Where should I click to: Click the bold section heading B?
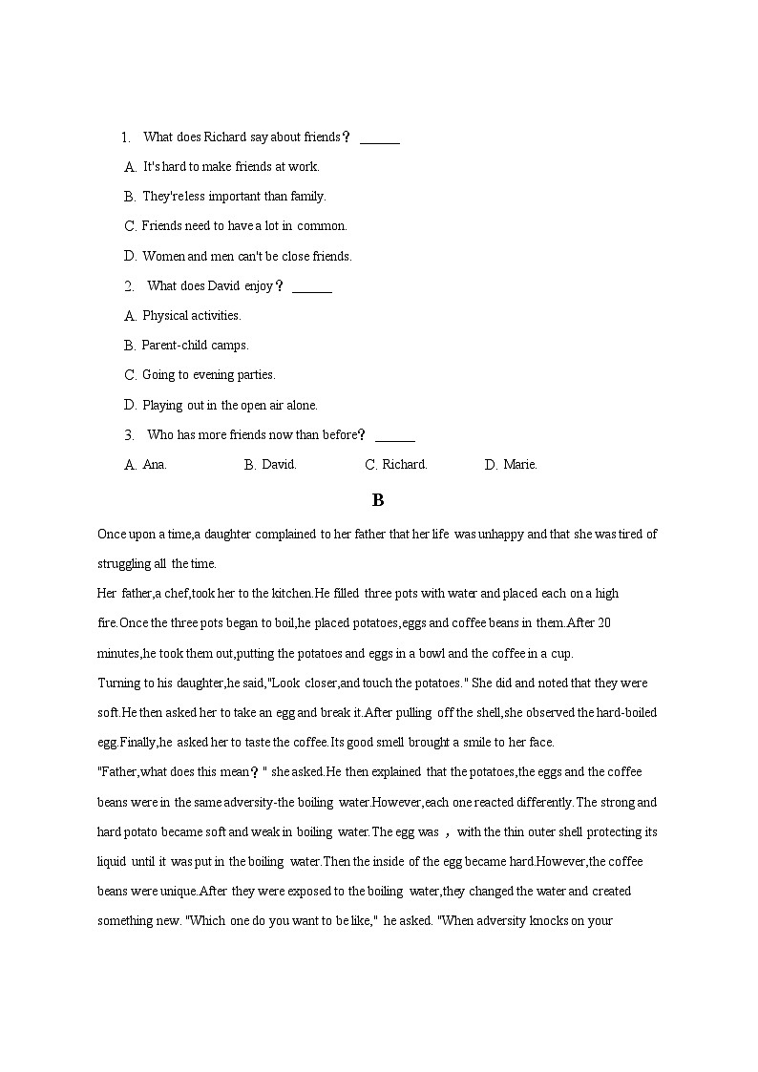tap(378, 500)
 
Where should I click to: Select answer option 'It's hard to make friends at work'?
tap(230, 167)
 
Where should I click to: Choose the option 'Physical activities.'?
tap(191, 316)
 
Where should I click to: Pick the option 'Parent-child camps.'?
tap(195, 346)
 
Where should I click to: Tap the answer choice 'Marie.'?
tap(519, 465)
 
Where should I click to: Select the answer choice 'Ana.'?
tap(154, 465)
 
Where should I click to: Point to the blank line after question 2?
tap(311, 287)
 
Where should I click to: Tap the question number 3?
tap(129, 435)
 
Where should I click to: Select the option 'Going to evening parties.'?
tap(208, 375)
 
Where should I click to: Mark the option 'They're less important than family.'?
tap(234, 197)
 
